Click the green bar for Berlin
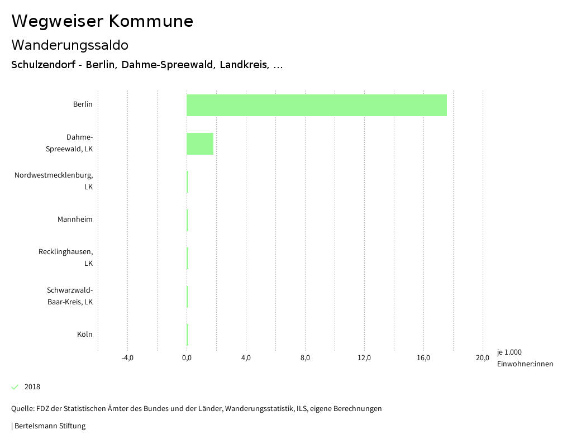tap(316, 105)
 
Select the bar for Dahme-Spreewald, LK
tap(200, 144)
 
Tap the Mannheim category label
tap(75, 219)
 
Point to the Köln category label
tap(85, 335)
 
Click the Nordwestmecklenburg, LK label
tap(54, 181)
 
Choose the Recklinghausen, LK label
tap(65, 257)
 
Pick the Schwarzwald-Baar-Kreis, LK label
tap(70, 296)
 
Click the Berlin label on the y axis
tap(83, 104)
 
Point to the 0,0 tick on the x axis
tap(187, 358)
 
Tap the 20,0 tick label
tap(483, 358)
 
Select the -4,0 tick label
tap(127, 358)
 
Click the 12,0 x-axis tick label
tap(364, 358)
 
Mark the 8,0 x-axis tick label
tap(305, 358)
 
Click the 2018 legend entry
tap(32, 387)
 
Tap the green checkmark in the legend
tap(15, 387)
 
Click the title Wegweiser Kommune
tap(102, 21)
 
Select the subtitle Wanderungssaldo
tap(70, 45)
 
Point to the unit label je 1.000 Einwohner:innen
tap(525, 358)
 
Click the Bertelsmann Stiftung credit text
tap(50, 426)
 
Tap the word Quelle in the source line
tap(22, 409)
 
